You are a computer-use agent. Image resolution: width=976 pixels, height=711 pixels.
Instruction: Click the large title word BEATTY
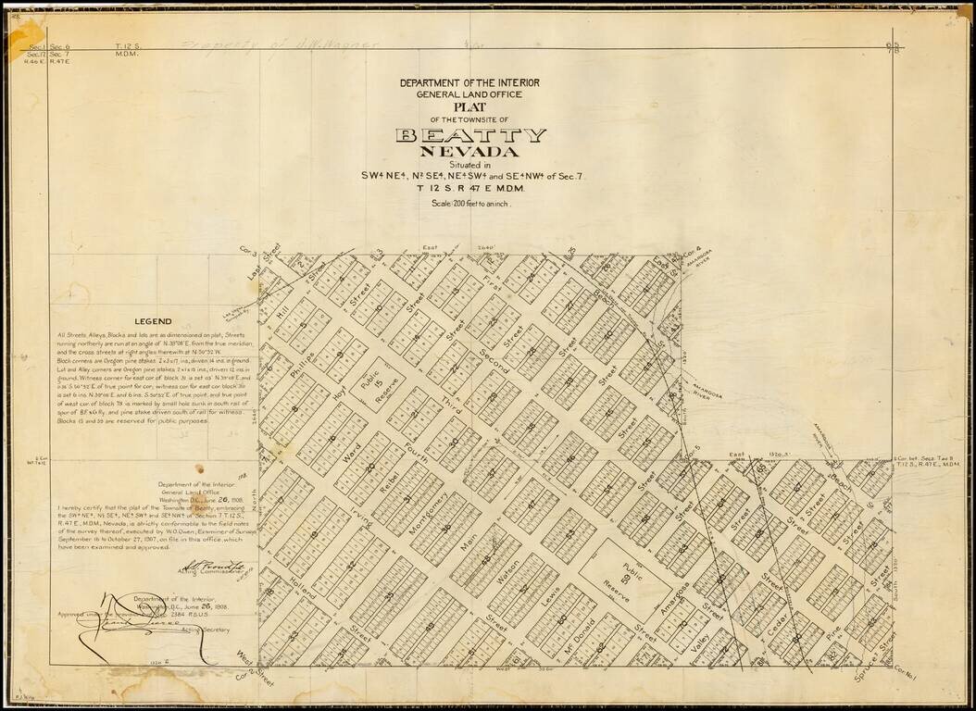[470, 135]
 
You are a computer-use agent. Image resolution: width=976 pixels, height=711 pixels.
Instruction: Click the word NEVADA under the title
[469, 152]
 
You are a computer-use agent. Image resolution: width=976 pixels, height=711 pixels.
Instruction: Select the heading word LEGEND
[153, 321]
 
